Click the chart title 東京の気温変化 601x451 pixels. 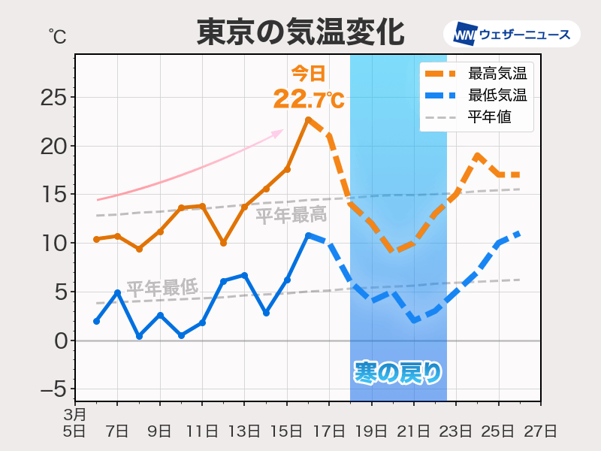(x=300, y=33)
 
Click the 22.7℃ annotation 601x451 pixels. (x=309, y=98)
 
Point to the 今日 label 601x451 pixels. (x=309, y=74)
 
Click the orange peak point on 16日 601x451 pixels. (x=308, y=120)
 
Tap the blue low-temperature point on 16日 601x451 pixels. (x=308, y=235)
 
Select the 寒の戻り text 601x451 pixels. (x=398, y=371)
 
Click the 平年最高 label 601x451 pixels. (x=291, y=216)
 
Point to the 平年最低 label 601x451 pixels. (x=162, y=287)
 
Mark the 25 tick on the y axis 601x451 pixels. (x=52, y=98)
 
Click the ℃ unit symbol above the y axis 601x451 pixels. (x=56, y=35)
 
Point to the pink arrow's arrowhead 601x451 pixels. (x=279, y=132)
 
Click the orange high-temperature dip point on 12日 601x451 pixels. (x=223, y=244)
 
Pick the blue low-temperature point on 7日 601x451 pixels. (x=117, y=292)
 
